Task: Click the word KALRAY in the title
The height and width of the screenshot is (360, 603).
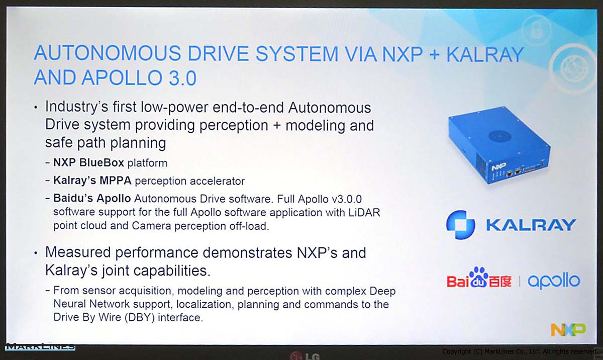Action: coord(485,55)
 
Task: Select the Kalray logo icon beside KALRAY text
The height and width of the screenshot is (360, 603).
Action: coord(460,225)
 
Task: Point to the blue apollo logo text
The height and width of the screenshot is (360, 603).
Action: coord(554,281)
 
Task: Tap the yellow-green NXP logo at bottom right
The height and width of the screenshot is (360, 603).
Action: coord(568,329)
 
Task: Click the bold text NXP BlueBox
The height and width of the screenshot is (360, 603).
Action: coord(88,162)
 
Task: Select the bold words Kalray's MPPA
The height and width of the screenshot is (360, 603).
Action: coord(92,181)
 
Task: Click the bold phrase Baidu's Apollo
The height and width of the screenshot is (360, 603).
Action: coord(92,199)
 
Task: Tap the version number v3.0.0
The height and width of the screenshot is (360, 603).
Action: coord(347,199)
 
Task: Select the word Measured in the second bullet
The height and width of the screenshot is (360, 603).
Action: coord(78,252)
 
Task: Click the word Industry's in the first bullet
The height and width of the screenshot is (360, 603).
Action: coord(76,107)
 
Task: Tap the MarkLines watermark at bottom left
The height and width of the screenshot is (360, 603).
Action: coord(40,346)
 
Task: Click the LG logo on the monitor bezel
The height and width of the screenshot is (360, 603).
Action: coord(306,355)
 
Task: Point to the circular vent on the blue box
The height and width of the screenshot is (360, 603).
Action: coord(499,137)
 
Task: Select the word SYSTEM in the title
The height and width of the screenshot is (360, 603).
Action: coord(296,54)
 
